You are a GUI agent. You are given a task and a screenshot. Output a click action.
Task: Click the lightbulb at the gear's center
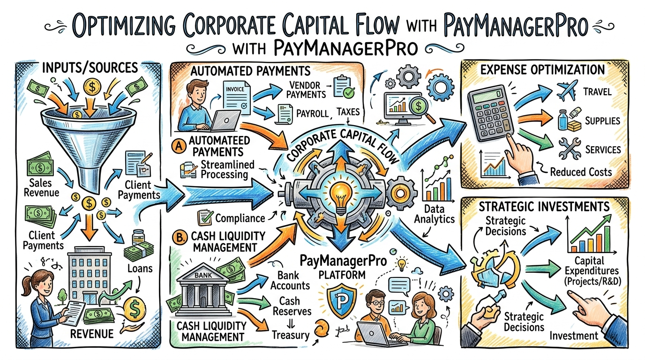pyautogui.click(x=341, y=197)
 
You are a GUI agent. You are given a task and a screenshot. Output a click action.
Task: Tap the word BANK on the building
pyautogui.click(x=203, y=275)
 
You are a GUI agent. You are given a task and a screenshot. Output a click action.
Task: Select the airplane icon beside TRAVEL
pyautogui.click(x=567, y=90)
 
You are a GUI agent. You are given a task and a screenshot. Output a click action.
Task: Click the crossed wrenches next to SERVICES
pyautogui.click(x=569, y=149)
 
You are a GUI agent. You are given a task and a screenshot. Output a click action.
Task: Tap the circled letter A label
pyautogui.click(x=179, y=146)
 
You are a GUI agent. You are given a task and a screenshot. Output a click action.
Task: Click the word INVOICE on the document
pyautogui.click(x=235, y=89)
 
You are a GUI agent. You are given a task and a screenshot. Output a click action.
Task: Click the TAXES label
pyautogui.click(x=348, y=112)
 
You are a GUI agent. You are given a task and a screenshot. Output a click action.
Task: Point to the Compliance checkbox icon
pyautogui.click(x=205, y=217)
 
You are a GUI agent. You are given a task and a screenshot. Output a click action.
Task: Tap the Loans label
pyautogui.click(x=140, y=269)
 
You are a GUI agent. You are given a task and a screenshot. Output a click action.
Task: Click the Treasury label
pyautogui.click(x=291, y=335)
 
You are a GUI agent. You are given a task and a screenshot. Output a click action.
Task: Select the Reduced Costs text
pyautogui.click(x=581, y=172)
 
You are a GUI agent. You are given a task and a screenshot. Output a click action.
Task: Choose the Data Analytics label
pyautogui.click(x=434, y=214)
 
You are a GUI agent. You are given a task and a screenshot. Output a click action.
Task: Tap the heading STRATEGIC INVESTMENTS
pyautogui.click(x=544, y=207)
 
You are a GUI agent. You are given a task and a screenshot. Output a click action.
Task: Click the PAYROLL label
pyautogui.click(x=312, y=113)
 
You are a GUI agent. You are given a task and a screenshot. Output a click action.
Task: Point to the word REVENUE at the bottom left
pyautogui.click(x=92, y=334)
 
